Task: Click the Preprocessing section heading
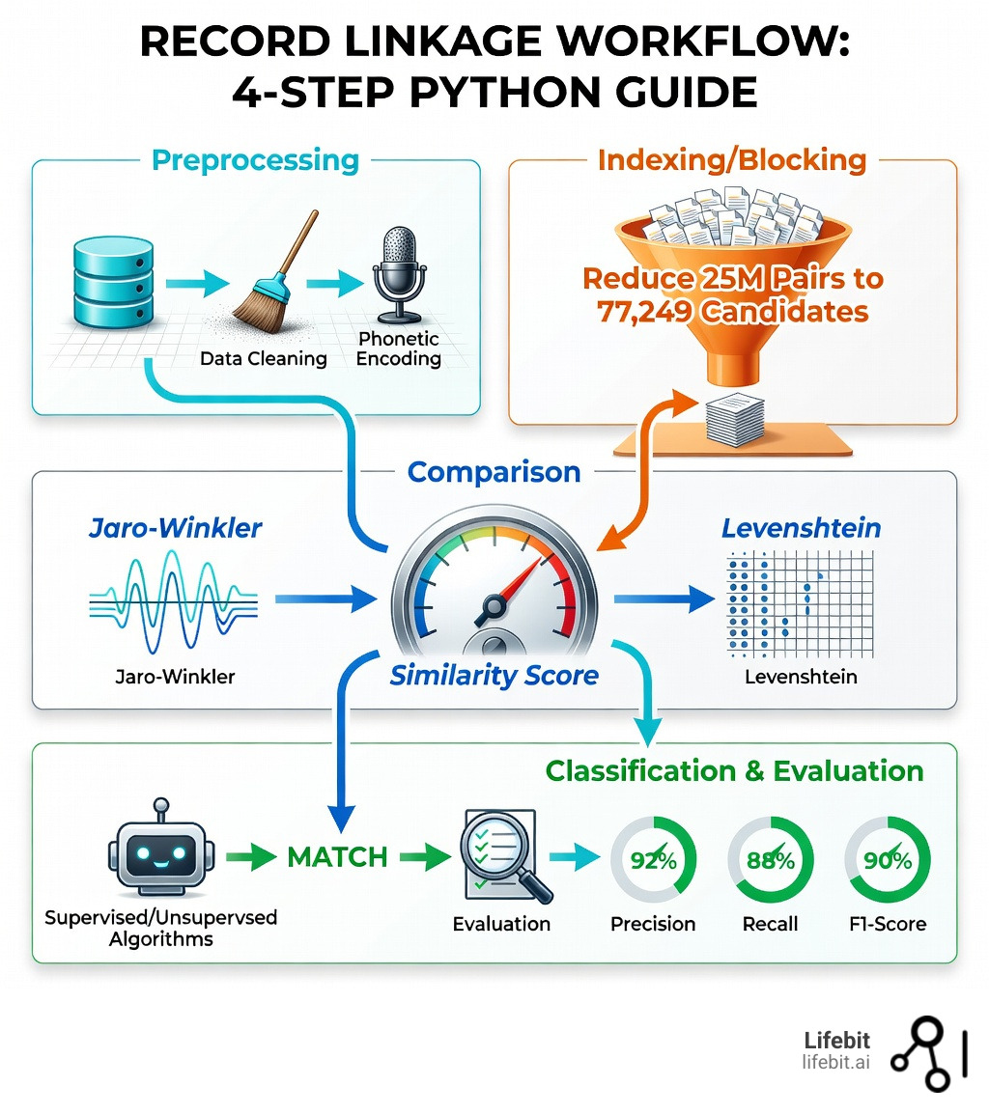256,159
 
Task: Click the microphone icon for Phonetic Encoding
399,273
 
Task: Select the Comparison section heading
494,472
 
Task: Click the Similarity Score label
494,675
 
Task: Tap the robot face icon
159,852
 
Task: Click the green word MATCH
337,855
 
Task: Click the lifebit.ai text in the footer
835,1062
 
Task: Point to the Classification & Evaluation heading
734,770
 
